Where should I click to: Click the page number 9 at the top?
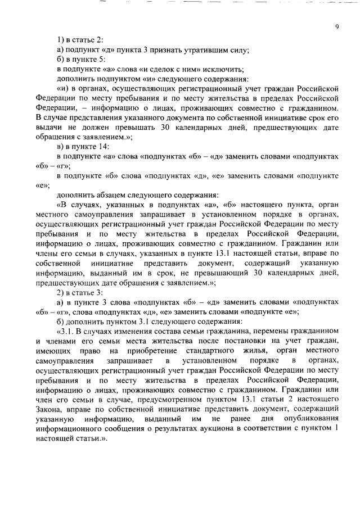[x=336, y=27]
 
